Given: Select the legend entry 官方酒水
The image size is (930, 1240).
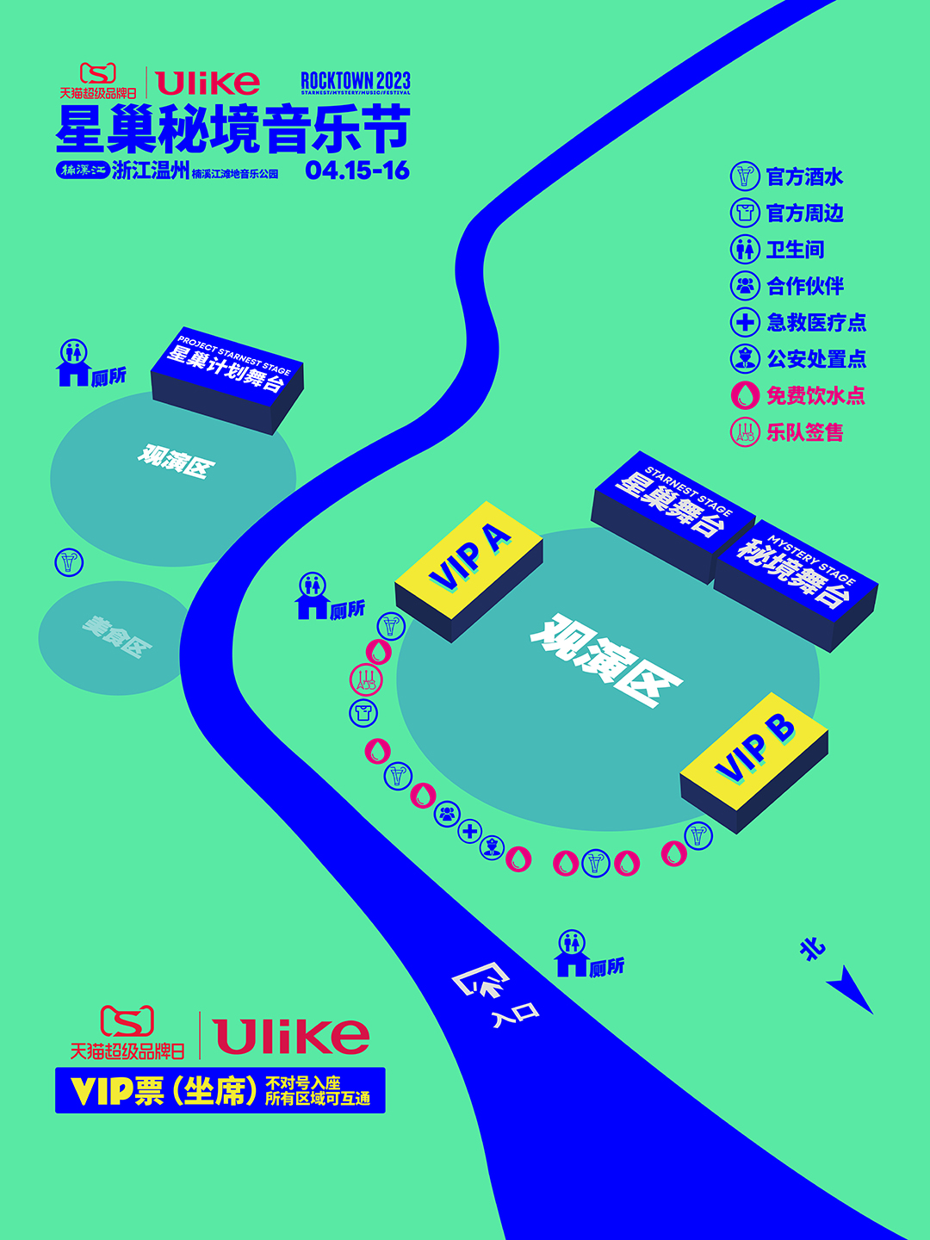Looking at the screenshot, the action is point(786,177).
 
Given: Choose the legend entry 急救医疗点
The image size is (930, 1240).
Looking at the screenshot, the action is point(798,322).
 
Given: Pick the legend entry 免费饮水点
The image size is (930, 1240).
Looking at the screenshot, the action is point(797,395).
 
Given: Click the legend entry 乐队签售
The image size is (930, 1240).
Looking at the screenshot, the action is point(786,431).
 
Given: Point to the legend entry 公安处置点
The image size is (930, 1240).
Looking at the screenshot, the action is point(798,358).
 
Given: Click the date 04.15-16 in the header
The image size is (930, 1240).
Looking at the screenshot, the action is point(357,170).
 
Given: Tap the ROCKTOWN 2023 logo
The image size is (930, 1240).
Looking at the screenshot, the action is point(356,83).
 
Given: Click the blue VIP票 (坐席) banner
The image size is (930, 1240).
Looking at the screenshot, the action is point(220,1090).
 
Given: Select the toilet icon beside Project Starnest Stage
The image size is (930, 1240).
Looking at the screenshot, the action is point(74,363).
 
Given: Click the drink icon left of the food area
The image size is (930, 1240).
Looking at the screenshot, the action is point(69,562).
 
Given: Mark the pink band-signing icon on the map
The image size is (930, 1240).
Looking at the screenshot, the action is point(365,680).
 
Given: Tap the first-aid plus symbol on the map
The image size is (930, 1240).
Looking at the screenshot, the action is point(470,832).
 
